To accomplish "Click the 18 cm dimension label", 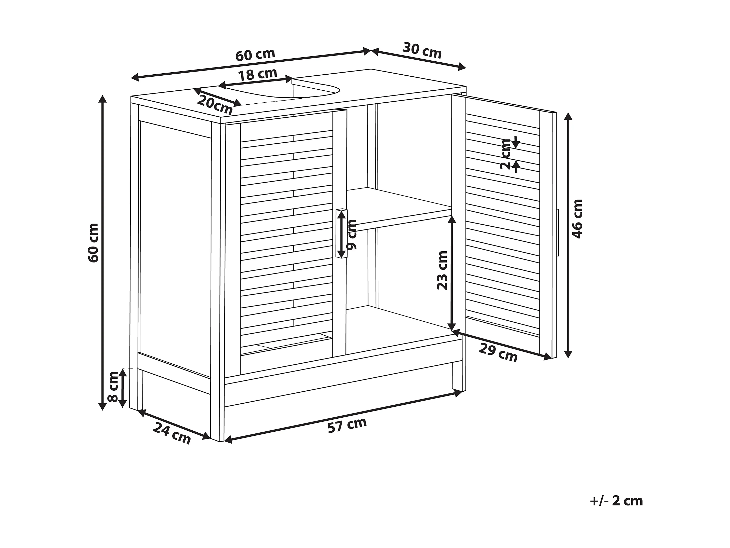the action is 257,74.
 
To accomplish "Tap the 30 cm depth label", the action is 422,50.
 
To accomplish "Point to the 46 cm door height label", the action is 578,219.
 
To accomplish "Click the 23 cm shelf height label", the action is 442,270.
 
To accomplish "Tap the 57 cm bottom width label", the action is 347,425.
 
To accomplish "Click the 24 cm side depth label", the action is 172,433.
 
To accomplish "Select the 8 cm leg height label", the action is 113,387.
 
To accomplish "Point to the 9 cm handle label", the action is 353,234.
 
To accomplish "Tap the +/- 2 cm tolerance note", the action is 616,501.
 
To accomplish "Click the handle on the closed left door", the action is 341,233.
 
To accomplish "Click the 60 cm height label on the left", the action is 93,243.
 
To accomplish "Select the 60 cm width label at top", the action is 255,54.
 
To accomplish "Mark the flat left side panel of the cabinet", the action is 175,248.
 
